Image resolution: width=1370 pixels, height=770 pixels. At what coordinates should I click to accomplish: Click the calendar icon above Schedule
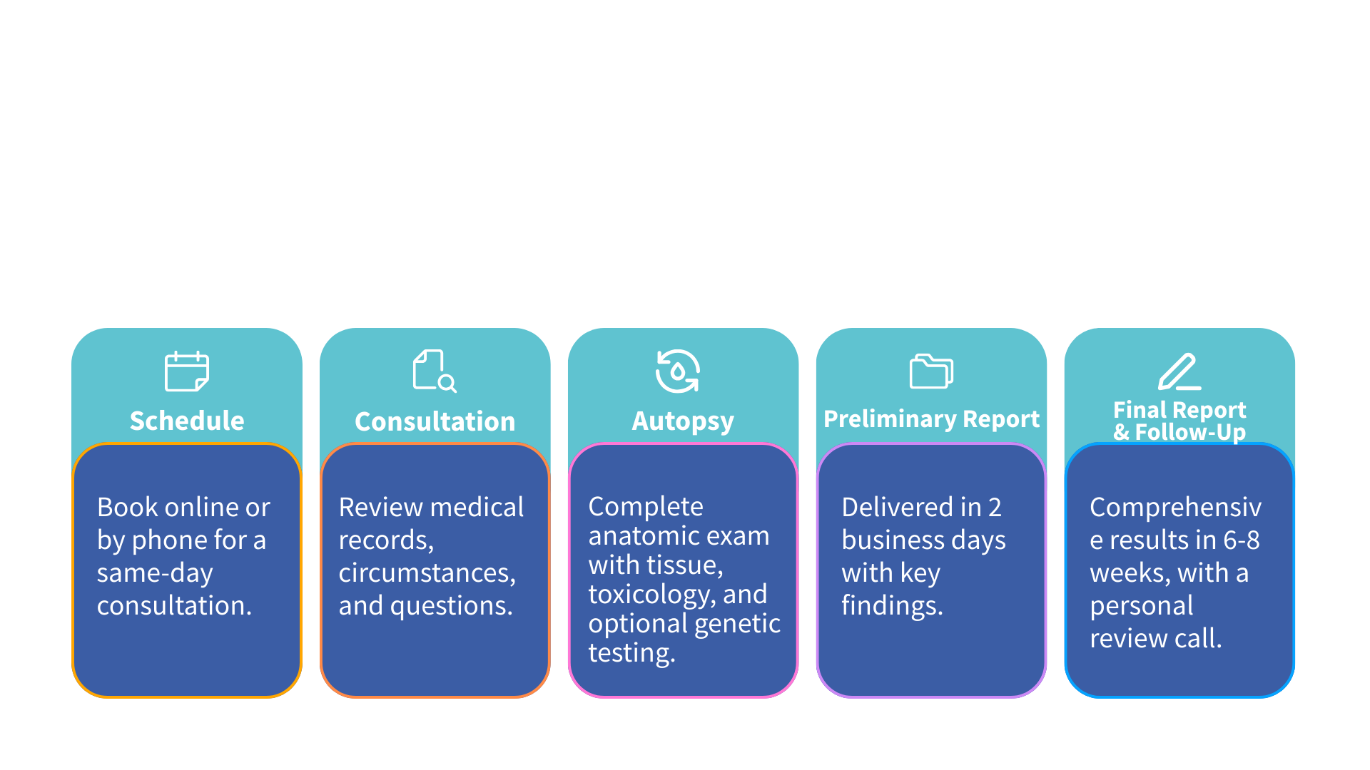tap(187, 371)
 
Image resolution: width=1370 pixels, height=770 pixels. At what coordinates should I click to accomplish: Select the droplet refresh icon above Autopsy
tap(677, 371)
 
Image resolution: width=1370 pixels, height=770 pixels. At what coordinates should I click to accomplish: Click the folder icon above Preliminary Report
tap(931, 371)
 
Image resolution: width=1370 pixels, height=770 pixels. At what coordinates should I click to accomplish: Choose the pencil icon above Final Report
tap(1179, 371)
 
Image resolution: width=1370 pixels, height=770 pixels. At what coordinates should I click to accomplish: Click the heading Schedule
tap(187, 421)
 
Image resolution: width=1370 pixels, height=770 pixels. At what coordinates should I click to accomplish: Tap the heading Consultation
tap(435, 421)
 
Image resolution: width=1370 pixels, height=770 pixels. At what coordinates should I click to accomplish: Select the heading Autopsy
tap(683, 421)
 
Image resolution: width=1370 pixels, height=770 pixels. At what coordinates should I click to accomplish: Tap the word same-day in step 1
tap(155, 573)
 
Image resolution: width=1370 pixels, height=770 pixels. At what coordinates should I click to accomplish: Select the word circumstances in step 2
tap(427, 573)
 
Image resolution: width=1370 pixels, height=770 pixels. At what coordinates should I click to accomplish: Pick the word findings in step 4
tap(892, 606)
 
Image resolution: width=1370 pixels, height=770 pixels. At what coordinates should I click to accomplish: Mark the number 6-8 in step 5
tap(1242, 540)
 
